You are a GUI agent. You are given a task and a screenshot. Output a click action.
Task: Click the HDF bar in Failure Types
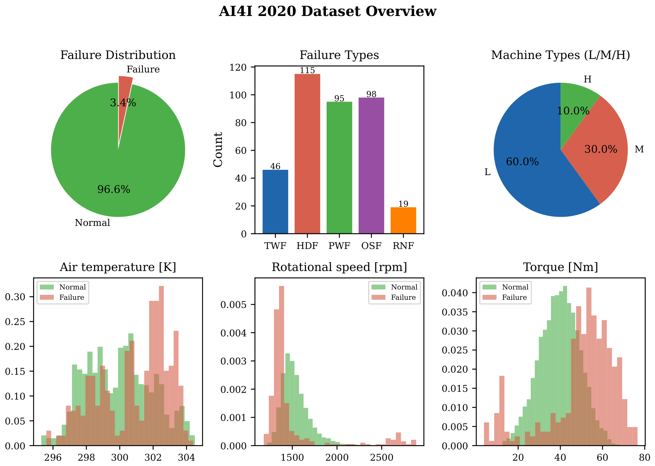pyautogui.click(x=307, y=154)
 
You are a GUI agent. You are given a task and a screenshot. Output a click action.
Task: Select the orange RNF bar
pyautogui.click(x=403, y=221)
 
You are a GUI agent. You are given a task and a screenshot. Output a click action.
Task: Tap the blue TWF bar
pyautogui.click(x=275, y=202)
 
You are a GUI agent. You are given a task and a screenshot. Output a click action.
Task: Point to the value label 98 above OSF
pyautogui.click(x=371, y=94)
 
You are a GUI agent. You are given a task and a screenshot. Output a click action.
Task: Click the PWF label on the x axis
pyautogui.click(x=339, y=246)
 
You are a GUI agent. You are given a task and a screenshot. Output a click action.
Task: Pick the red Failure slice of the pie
pyautogui.click(x=124, y=107)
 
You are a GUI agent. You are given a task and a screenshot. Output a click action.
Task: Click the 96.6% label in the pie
pyautogui.click(x=114, y=189)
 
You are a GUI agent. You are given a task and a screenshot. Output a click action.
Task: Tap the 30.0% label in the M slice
pyautogui.click(x=601, y=149)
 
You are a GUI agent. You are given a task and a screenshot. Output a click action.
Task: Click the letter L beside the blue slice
pyautogui.click(x=487, y=172)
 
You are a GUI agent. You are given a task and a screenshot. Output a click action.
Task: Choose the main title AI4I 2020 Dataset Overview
pyautogui.click(x=327, y=11)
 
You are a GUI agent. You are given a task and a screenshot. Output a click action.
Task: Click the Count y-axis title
pyautogui.click(x=218, y=150)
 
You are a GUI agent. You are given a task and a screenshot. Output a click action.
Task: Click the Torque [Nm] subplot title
pyautogui.click(x=561, y=267)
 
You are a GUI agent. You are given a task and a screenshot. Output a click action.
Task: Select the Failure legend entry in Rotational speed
pyautogui.click(x=394, y=297)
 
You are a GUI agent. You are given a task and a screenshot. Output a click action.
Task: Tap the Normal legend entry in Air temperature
pyautogui.click(x=62, y=287)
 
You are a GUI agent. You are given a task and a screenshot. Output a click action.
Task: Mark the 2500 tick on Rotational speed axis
pyautogui.click(x=382, y=457)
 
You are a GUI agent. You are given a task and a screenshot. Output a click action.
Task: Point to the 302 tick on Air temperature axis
pyautogui.click(x=153, y=457)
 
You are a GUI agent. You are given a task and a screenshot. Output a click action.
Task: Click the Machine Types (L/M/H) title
pyautogui.click(x=561, y=55)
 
